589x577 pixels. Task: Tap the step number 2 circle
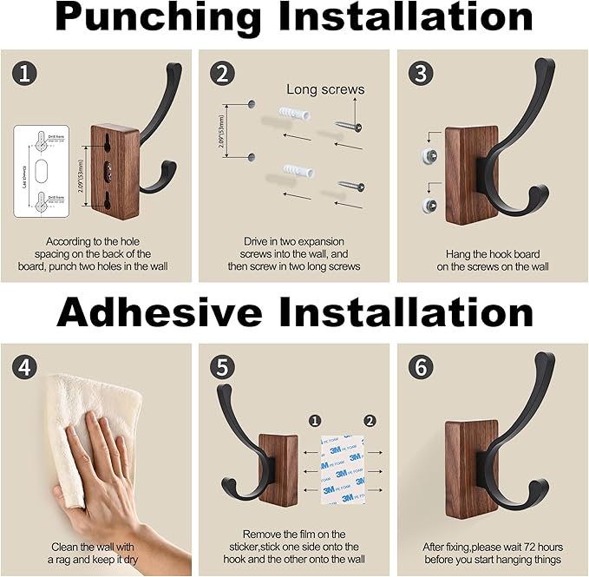point(223,74)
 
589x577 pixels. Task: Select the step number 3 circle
point(421,74)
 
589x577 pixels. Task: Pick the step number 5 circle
point(223,368)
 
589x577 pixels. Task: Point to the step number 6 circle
point(421,368)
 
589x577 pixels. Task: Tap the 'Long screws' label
point(325,89)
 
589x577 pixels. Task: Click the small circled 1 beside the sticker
point(315,421)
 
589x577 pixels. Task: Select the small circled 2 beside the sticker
point(370,421)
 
